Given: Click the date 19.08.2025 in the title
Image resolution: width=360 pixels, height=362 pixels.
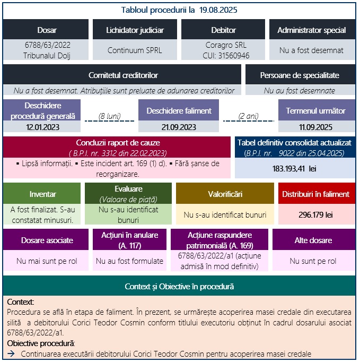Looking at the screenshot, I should tap(218, 10).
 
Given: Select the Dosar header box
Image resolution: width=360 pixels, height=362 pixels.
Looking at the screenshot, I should tap(47, 30).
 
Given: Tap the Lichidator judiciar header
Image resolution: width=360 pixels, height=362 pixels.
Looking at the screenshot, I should tap(135, 30).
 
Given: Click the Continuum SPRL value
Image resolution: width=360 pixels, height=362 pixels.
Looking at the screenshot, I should tap(135, 51).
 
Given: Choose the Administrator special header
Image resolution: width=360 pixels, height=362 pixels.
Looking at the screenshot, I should tap(311, 30).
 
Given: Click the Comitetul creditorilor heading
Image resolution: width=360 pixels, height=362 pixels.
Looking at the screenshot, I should tap(123, 75).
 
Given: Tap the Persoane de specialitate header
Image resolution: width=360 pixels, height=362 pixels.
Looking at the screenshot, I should tap(300, 75).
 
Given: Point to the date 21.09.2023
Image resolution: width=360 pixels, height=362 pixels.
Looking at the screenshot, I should tap(179, 127).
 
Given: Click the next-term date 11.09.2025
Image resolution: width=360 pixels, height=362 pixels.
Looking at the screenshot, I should tap(315, 127).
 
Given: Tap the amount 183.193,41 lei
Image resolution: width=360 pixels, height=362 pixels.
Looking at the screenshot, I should tap(295, 168).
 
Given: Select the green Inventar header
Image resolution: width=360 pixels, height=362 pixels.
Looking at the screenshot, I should tap(43, 194).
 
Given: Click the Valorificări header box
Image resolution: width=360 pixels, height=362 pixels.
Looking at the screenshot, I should tap(225, 194).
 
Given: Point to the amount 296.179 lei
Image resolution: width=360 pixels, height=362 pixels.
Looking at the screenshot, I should tap(315, 215).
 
